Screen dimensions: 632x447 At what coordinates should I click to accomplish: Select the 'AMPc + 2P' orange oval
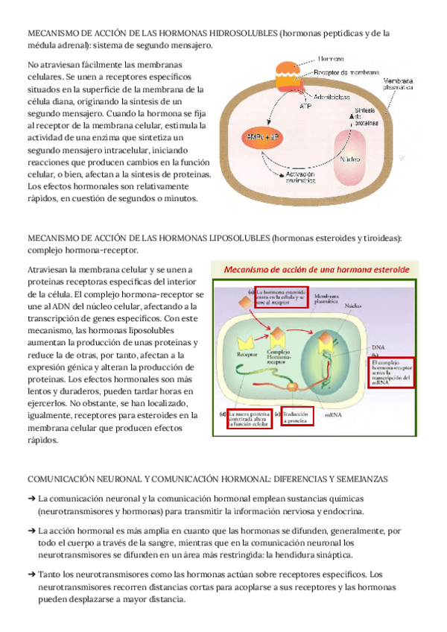click(260, 137)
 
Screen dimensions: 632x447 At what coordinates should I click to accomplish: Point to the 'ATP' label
click(305, 107)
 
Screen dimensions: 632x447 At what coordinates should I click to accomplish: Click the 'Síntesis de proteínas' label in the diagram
click(364, 116)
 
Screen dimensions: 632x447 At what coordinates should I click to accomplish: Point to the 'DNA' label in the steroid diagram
click(378, 348)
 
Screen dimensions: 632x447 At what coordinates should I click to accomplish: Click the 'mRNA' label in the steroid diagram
click(334, 411)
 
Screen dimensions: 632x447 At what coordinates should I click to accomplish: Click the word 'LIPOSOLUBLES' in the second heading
click(232, 238)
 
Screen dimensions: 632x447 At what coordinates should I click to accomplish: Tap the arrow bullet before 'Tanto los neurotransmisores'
click(31, 575)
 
